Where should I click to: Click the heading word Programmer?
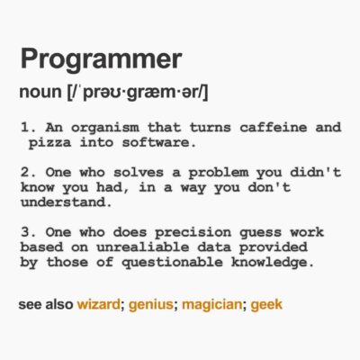[x=100, y=62]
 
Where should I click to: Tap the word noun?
[x=38, y=93]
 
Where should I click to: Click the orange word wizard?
[x=98, y=305]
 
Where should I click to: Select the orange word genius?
[x=150, y=305]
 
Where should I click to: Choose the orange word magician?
[x=211, y=305]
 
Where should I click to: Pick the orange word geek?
[x=266, y=305]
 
